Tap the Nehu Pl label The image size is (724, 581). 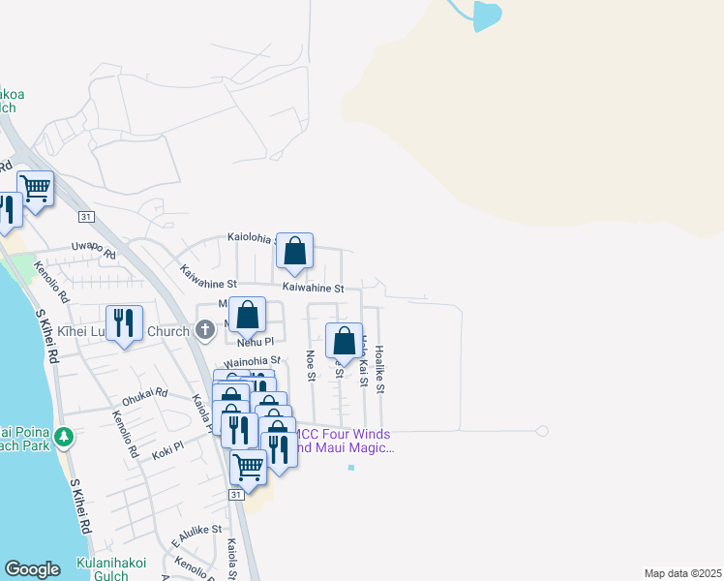(x=256, y=342)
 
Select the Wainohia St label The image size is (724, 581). (x=252, y=360)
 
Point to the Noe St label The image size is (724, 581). (x=311, y=365)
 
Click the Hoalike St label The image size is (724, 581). (x=380, y=369)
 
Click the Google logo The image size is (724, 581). (x=32, y=569)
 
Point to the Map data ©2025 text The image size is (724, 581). (x=682, y=573)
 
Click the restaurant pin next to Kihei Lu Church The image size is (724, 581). (x=124, y=322)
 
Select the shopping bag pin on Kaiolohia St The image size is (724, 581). (x=294, y=251)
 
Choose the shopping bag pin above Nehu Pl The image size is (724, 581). (x=248, y=314)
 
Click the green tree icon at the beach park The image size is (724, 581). (x=64, y=437)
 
